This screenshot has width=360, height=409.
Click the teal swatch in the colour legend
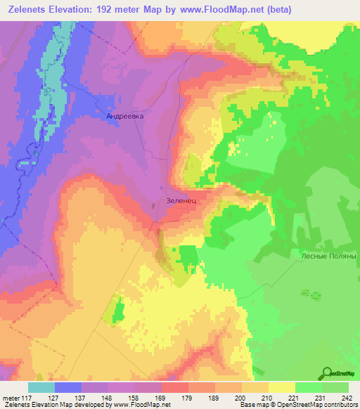pyautogui.click(x=41, y=387)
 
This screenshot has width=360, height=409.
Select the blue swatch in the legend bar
pyautogui.click(x=68, y=387)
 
